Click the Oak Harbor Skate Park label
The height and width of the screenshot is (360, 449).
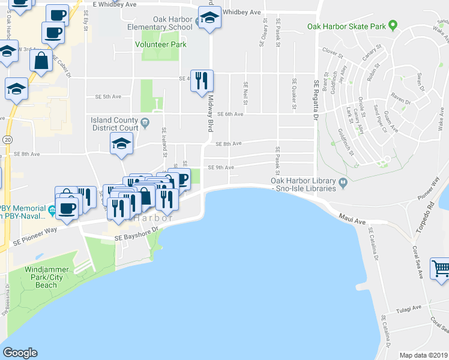point(346,26)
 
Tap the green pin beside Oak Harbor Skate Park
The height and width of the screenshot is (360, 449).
point(393,26)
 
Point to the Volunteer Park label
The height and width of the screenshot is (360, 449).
point(160,44)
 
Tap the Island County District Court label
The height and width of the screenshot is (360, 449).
point(115,124)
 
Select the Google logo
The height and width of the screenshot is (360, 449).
point(20,353)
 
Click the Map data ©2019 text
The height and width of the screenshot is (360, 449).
point(424,355)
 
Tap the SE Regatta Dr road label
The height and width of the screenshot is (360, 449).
point(315,96)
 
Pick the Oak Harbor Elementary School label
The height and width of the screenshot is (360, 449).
point(160,23)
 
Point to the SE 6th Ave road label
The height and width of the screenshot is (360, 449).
point(231,114)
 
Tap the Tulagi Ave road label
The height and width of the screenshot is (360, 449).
point(410,311)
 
